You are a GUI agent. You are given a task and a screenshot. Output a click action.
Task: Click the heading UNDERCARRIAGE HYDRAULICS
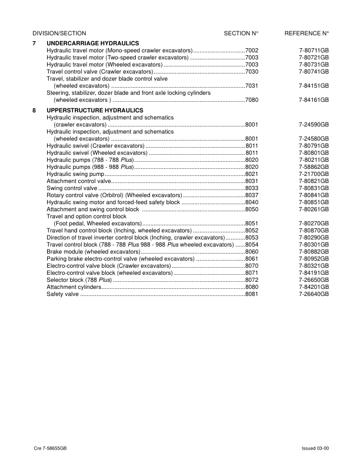[x=92, y=44]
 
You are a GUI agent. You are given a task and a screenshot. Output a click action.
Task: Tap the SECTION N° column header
[x=241, y=34]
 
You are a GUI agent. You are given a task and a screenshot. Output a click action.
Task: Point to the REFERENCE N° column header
[x=306, y=34]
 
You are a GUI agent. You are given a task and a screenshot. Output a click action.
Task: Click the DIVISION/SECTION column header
[x=59, y=34]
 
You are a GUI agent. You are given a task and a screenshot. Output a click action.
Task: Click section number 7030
[x=252, y=71]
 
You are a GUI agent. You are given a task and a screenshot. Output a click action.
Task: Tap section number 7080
[x=252, y=100]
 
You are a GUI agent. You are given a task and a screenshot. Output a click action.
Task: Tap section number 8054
[x=252, y=244]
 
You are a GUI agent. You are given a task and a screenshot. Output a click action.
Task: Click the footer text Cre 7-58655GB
[x=50, y=448]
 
